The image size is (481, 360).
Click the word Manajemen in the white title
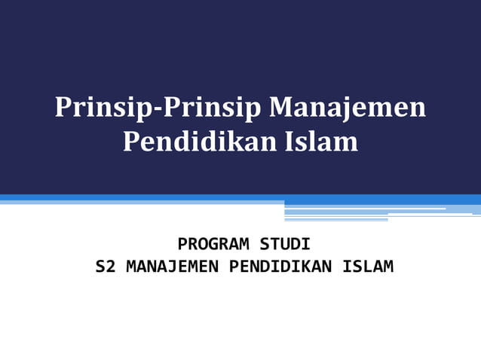click(348, 108)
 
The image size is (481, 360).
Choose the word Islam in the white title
click(324, 141)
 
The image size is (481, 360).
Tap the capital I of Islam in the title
click(294, 141)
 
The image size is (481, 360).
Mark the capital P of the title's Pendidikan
click(130, 141)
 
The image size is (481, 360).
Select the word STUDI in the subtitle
click(285, 245)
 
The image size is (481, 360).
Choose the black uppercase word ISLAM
click(368, 267)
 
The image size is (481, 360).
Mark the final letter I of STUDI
click(305, 245)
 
